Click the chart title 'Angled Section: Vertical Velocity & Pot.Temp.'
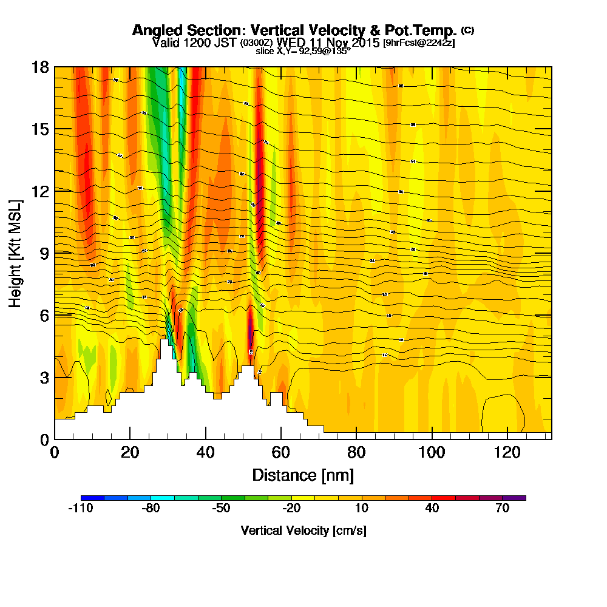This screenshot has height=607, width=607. pos(294,30)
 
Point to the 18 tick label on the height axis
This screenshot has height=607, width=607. pos(40,67)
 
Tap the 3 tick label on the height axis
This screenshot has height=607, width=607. pos(44,377)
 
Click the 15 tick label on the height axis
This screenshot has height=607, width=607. pos(40,129)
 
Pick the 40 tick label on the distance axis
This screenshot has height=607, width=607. pos(206,452)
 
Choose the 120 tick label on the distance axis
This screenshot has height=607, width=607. pos(505,452)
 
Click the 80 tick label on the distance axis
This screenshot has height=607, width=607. pos(356,452)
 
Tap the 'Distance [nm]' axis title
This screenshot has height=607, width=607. pos(303,474)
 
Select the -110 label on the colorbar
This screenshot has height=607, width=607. pos(80,509)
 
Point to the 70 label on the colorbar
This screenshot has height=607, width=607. pos(502,509)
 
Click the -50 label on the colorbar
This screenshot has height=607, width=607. pos(221,509)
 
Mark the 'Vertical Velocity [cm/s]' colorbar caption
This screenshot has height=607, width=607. pos(303,531)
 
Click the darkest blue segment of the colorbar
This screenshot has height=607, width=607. pos(92,498)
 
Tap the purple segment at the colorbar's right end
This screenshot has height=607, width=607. pos(514,498)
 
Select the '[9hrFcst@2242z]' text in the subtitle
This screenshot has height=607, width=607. pos(419,42)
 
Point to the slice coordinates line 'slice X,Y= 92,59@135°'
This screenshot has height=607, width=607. pos(303,51)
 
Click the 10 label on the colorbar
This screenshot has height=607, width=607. pos(361,509)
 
